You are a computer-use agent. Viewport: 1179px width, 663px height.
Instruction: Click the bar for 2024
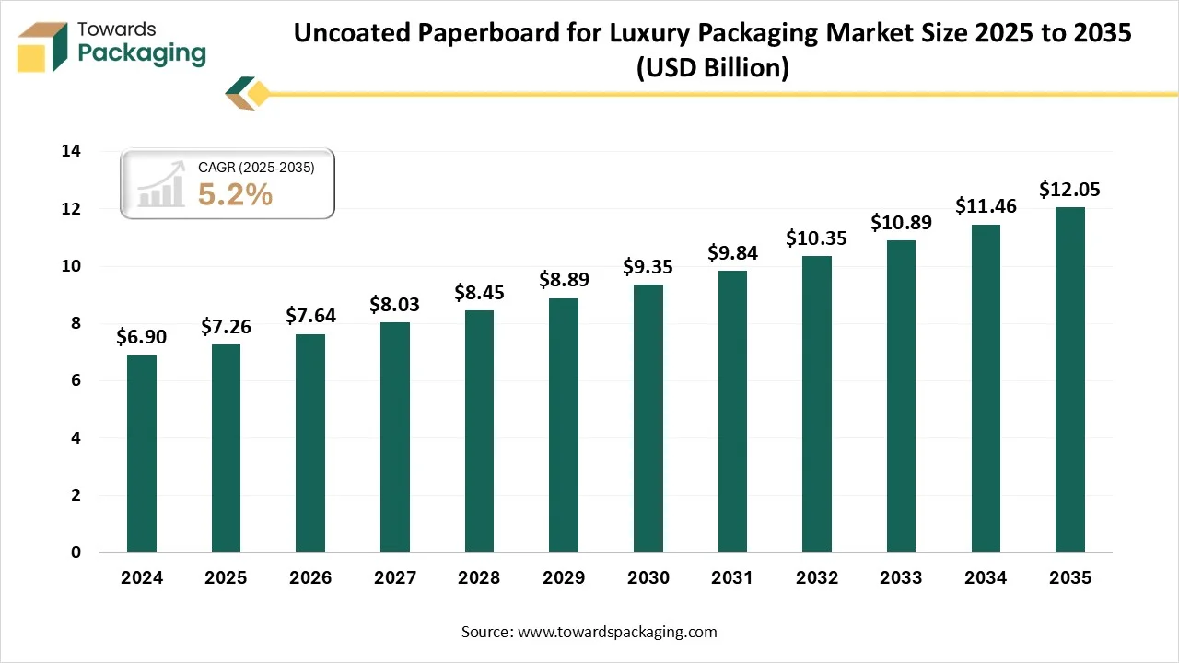tap(142, 454)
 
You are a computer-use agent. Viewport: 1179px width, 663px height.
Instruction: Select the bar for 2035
tap(1069, 379)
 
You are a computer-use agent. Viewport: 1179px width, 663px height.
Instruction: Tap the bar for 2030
tap(648, 419)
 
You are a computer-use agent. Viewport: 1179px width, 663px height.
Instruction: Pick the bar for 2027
tap(394, 437)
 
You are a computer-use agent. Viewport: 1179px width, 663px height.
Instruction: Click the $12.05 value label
tap(1069, 190)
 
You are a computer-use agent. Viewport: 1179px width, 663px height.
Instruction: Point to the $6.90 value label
tap(142, 337)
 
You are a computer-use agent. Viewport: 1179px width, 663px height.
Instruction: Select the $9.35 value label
tap(648, 267)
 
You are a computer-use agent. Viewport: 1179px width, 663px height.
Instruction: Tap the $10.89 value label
tap(901, 223)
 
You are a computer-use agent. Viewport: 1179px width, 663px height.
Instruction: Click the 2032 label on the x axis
tap(816, 578)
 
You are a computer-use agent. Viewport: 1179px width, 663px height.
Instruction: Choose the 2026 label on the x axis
tap(310, 578)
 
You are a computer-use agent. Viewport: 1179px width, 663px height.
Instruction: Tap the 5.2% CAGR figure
tap(235, 194)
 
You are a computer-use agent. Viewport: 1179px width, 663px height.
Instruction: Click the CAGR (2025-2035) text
tap(256, 168)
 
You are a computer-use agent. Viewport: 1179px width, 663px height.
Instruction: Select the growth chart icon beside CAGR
tap(161, 184)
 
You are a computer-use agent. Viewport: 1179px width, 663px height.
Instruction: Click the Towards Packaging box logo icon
tap(43, 46)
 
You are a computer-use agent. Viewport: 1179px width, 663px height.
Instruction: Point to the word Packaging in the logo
tap(142, 53)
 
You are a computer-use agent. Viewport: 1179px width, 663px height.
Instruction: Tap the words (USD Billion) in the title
tap(712, 68)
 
